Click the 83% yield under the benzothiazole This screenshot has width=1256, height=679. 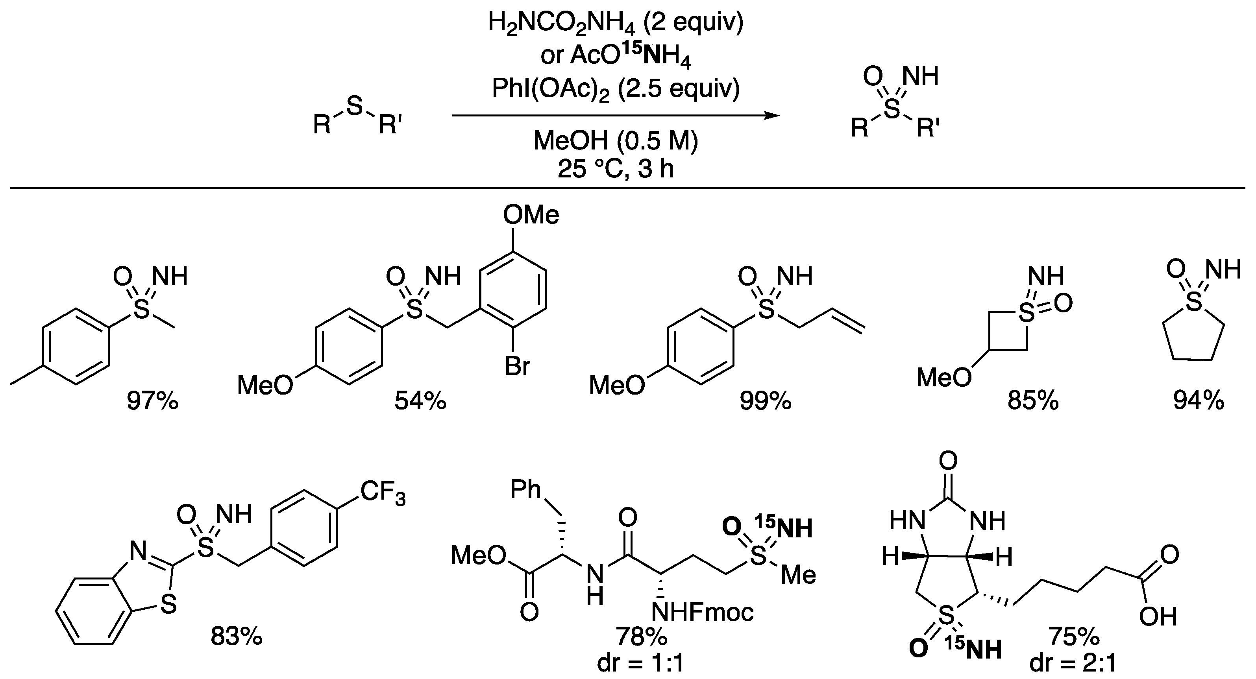pyautogui.click(x=237, y=636)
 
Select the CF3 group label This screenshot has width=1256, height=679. pyautogui.click(x=383, y=493)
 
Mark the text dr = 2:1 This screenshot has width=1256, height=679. pyautogui.click(x=1073, y=664)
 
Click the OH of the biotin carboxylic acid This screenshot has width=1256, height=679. pyautogui.click(x=1158, y=617)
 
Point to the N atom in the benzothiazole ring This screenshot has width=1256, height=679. pyautogui.click(x=138, y=551)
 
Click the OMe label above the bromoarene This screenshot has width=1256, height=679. pyautogui.click(x=531, y=215)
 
